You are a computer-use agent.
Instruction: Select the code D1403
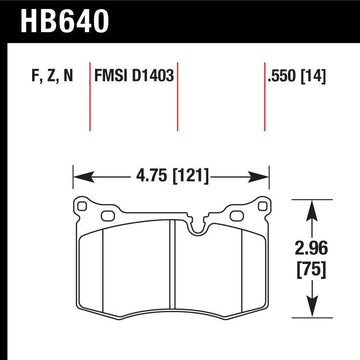tap(156, 72)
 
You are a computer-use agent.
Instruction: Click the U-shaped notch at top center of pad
tap(177, 211)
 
